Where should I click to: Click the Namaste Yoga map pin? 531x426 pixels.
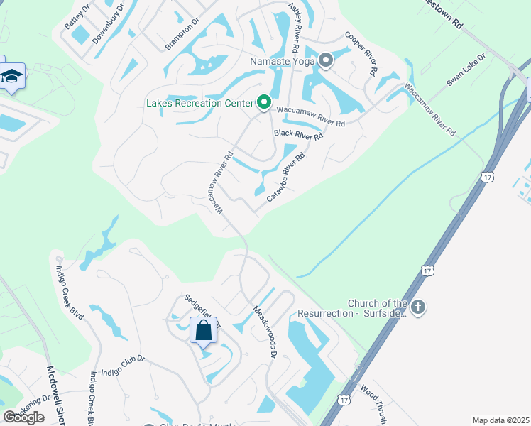(x=326, y=61)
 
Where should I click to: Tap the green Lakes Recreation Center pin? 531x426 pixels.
(x=263, y=104)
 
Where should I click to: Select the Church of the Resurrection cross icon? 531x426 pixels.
(x=418, y=307)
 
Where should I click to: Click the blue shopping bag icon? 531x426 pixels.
(x=203, y=330)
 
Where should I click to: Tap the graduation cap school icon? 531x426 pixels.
(x=12, y=75)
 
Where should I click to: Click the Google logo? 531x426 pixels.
(x=23, y=417)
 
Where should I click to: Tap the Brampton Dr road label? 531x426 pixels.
(x=183, y=33)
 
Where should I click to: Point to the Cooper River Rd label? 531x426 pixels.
(x=361, y=53)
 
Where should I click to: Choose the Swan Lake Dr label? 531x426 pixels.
(x=466, y=70)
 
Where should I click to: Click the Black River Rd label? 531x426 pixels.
(x=299, y=133)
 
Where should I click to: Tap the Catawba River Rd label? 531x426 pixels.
(x=285, y=175)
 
